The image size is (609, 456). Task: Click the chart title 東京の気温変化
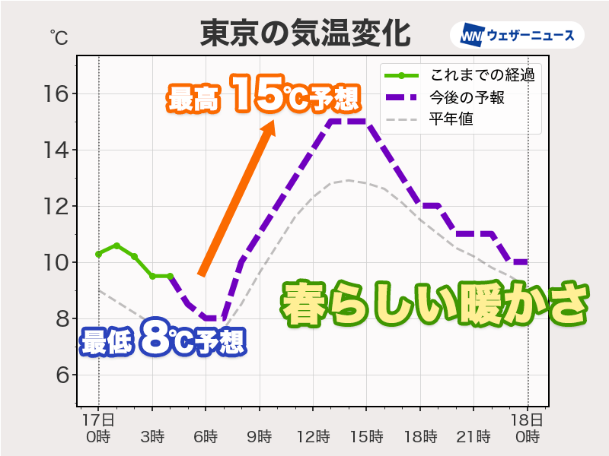tap(304, 34)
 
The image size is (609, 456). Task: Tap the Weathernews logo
tap(517, 35)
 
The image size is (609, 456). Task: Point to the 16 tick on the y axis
tap(57, 94)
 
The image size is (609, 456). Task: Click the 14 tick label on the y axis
tap(57, 150)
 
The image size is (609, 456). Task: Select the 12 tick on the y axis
tap(57, 207)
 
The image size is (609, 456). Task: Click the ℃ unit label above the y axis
tap(59, 36)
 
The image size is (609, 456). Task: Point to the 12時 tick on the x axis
tap(313, 437)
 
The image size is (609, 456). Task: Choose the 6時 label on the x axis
tap(206, 437)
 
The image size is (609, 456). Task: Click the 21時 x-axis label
tap(474, 437)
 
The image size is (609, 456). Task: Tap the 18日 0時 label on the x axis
tap(528, 429)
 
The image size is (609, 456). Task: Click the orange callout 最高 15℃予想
tap(263, 97)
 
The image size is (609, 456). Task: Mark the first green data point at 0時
tap(98, 254)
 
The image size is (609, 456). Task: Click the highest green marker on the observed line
tap(116, 245)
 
